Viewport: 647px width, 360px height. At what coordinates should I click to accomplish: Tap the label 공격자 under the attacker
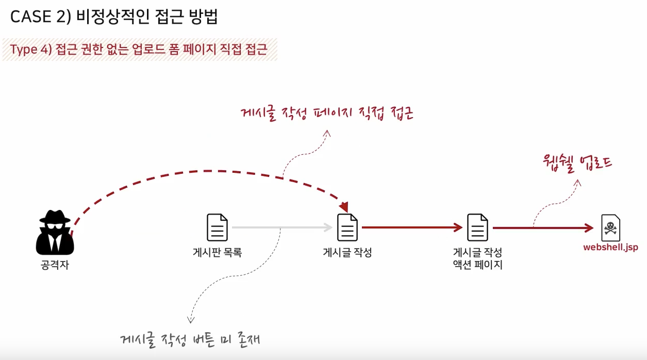(x=55, y=266)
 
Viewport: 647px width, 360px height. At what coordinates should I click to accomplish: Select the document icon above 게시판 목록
(x=217, y=227)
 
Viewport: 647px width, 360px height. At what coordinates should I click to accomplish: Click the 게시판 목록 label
(x=217, y=253)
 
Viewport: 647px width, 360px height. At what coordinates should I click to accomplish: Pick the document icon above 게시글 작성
(x=347, y=227)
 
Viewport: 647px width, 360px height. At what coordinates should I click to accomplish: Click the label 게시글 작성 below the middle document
(x=347, y=253)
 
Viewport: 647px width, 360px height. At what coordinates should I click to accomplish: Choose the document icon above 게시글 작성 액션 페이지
(x=477, y=227)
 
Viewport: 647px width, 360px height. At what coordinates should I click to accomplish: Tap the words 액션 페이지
(x=477, y=266)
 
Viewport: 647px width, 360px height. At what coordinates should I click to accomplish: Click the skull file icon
(x=611, y=227)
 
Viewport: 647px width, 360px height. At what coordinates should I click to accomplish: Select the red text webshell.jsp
(x=610, y=248)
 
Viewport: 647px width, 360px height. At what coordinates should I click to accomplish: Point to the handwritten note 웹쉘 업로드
(x=577, y=162)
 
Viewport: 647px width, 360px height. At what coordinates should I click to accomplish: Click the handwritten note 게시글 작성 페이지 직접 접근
(x=328, y=113)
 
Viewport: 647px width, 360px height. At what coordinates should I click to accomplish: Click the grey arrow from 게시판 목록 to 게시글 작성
(x=281, y=227)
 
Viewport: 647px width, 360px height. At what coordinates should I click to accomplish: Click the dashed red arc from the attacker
(x=206, y=171)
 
